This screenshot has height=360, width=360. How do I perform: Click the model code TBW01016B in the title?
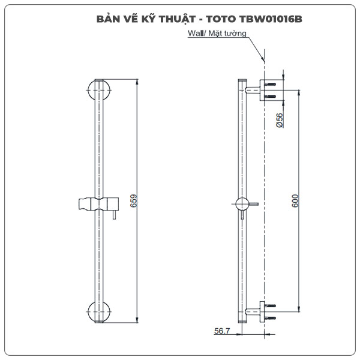pyautogui.click(x=273, y=18)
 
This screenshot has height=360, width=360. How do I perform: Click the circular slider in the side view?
pyautogui.click(x=242, y=204)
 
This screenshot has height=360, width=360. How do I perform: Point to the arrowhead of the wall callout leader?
pyautogui.click(x=263, y=59)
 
